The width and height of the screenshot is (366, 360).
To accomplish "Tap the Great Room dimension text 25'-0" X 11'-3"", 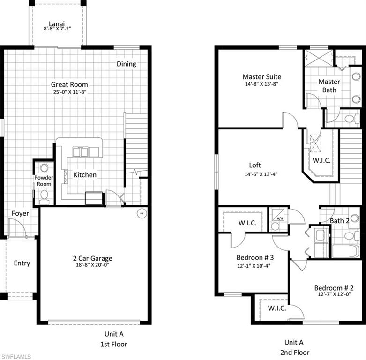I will (70, 92).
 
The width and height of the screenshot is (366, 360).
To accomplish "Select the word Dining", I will (127, 64).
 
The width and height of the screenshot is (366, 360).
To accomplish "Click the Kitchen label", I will (85, 175).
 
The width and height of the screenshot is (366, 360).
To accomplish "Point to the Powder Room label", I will (44, 181).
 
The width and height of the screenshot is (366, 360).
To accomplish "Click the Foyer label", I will (20, 213).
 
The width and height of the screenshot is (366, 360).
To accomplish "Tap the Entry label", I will (22, 263).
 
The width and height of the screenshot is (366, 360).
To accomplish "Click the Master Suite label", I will (261, 76).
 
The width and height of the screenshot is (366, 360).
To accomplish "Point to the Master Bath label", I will (329, 85).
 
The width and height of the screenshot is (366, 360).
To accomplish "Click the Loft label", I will (255, 165).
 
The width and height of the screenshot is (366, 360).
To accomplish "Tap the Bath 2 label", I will (340, 220).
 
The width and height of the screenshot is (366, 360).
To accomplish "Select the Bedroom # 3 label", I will (255, 258).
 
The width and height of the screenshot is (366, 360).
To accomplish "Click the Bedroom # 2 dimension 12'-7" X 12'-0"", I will (333, 295).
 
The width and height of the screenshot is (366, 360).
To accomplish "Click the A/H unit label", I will (280, 217).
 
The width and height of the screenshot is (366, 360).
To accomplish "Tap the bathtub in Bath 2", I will (345, 251).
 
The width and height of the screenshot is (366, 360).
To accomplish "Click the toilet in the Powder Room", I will (44, 195).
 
